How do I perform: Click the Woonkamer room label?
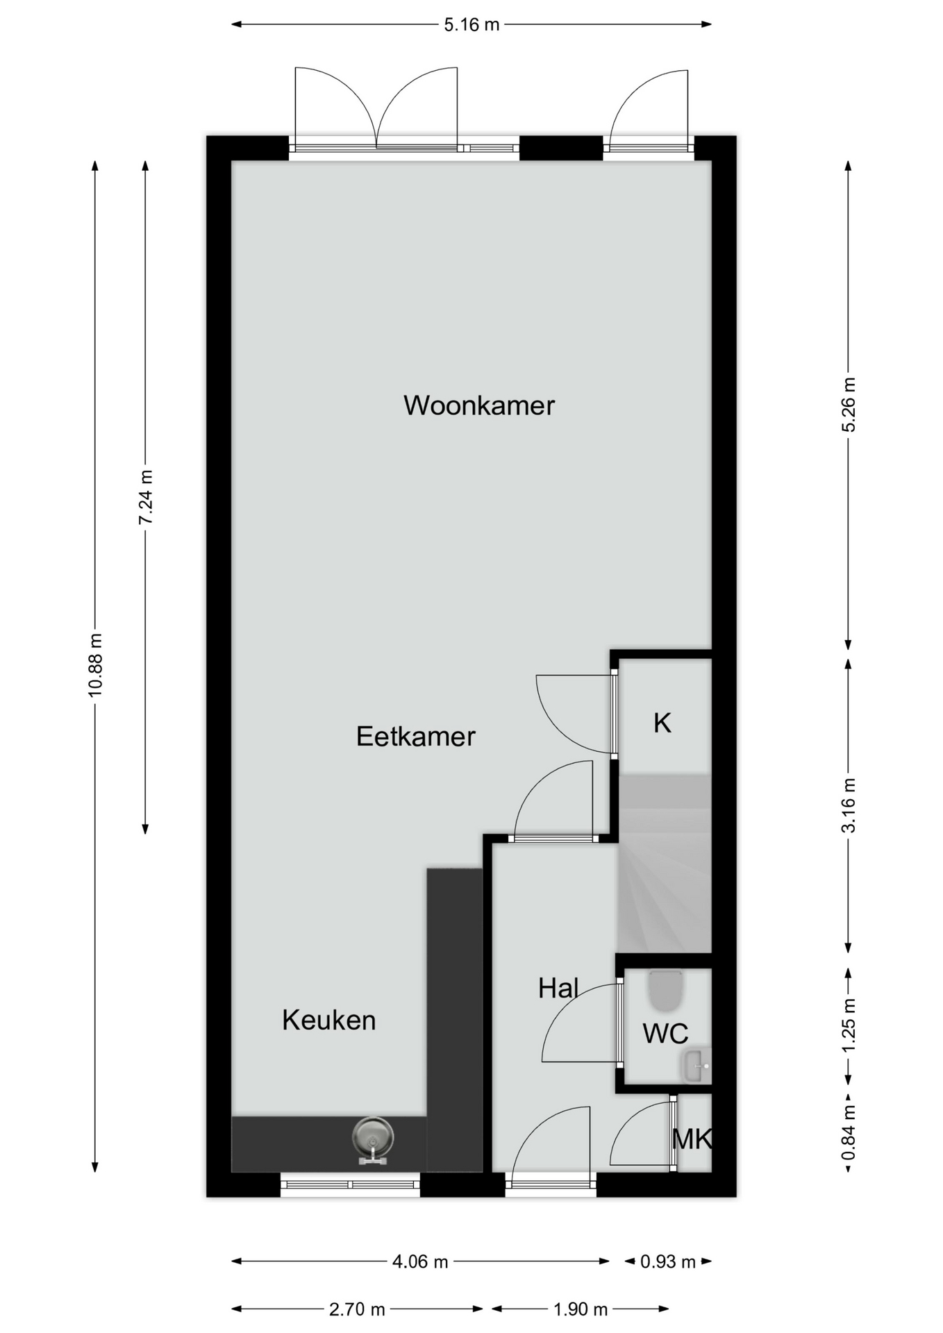point(479,405)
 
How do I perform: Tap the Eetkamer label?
point(415,737)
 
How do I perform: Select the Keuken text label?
point(328,1020)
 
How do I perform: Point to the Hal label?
point(558,988)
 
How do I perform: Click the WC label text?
point(665,1034)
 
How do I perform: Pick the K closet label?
point(662,723)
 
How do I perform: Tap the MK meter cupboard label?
point(692,1139)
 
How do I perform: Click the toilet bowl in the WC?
point(666,991)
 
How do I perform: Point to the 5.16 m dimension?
point(471,25)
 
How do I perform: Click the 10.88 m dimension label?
point(95,664)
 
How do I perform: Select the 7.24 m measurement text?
point(145,497)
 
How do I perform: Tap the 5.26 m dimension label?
point(849,405)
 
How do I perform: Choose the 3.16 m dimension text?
point(849,805)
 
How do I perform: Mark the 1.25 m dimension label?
point(849,1025)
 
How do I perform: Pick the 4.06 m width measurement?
point(420,1261)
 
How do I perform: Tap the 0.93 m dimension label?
point(668,1261)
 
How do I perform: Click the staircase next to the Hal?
point(665,863)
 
